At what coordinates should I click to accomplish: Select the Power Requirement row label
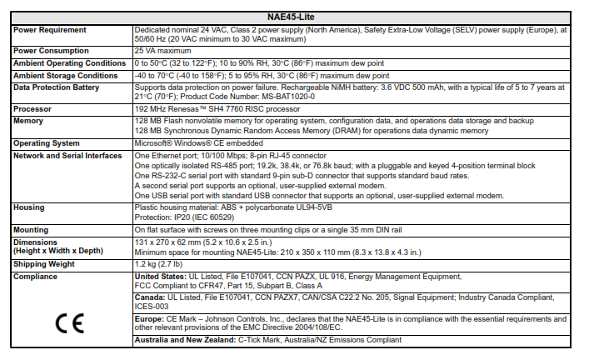tap(49, 30)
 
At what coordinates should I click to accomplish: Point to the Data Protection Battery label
tap(57, 87)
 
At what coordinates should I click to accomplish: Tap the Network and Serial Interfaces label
tap(68, 155)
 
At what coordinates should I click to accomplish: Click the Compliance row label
tap(37, 275)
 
